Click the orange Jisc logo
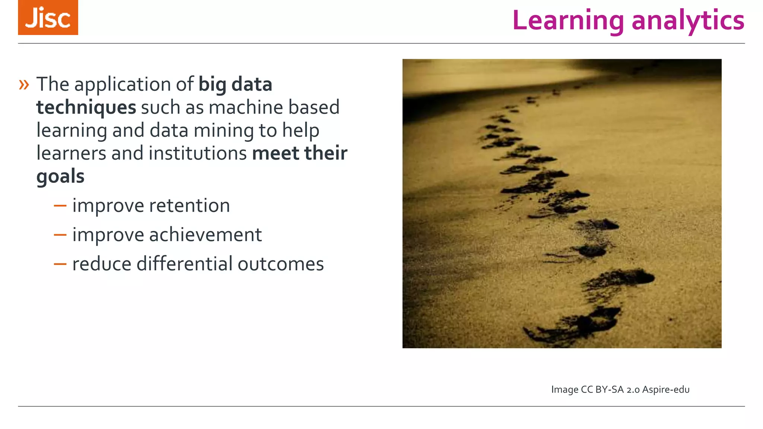coord(48,18)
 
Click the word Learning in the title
coord(568,20)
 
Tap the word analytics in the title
coord(688,20)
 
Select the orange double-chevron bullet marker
coord(24,85)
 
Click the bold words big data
coord(235,85)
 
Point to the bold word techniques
coord(86,108)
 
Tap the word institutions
coord(197,153)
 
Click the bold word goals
coord(60,177)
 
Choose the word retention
coord(189,206)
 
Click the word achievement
coord(205,235)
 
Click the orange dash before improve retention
coord(60,206)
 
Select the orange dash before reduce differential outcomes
coord(60,264)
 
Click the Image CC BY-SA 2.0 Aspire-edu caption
coord(620,390)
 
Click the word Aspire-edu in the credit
coord(666,390)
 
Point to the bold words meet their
coord(300,153)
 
